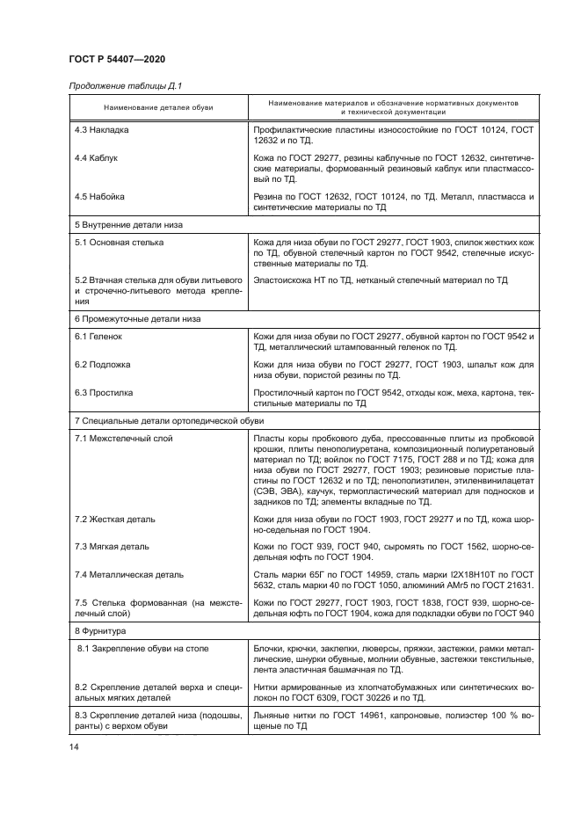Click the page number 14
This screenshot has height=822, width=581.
coord(74,746)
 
